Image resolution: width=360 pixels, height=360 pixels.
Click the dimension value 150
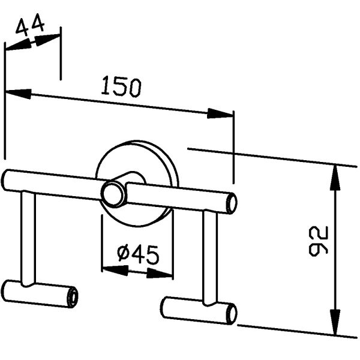coord(121,87)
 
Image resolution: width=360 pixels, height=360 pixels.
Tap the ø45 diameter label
coord(138,254)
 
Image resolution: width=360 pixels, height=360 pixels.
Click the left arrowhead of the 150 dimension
coord(18,94)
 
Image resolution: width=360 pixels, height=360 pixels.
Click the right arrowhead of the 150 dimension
coord(220,113)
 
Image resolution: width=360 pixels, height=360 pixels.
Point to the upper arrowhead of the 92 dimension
coord(335,178)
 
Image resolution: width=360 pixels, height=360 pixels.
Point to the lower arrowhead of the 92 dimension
coord(335,322)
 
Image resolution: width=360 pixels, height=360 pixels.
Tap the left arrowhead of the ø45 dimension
coord(115,270)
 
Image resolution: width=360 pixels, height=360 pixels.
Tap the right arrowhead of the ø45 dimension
coord(160,274)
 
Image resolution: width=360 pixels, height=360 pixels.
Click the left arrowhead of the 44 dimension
coord(18,46)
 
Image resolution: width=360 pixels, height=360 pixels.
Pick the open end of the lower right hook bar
coord(232,314)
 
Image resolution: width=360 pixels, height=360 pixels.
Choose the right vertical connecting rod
coord(209,257)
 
